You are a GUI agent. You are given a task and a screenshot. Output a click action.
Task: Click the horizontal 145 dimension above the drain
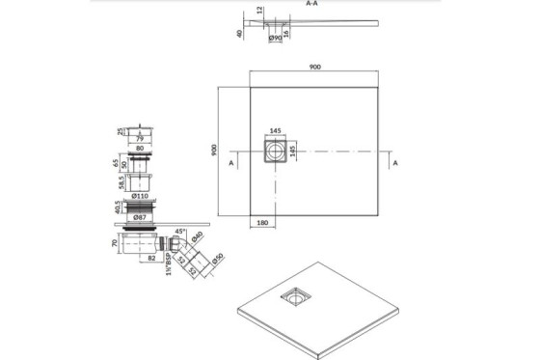(x=276, y=132)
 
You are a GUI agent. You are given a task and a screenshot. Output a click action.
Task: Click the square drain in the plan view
(x=274, y=152)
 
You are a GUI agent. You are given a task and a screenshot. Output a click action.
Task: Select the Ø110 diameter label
(x=140, y=195)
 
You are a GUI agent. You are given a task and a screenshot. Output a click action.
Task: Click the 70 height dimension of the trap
(x=115, y=244)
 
